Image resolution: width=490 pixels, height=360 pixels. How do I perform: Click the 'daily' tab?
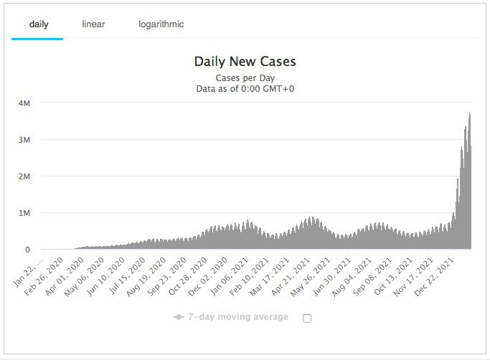point(38,24)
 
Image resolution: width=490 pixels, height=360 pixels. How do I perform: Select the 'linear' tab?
point(93,24)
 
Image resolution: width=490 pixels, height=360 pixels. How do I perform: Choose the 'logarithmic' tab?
point(161,24)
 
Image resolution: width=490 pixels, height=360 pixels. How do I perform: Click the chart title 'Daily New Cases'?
point(245,62)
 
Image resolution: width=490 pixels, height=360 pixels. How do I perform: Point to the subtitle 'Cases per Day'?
point(245,77)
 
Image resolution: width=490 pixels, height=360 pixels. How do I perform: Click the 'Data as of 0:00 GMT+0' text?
point(245,89)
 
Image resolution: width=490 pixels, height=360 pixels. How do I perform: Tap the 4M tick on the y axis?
point(24,103)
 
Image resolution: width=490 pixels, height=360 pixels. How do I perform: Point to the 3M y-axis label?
point(24,139)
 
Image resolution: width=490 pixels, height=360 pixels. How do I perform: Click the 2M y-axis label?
point(24,176)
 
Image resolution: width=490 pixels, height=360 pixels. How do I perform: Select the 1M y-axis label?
point(24,213)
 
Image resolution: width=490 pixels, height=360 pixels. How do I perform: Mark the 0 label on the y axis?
point(27,250)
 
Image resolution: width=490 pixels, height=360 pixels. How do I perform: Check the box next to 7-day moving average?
point(307,318)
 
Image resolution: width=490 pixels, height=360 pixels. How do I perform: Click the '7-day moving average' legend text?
point(238,317)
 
